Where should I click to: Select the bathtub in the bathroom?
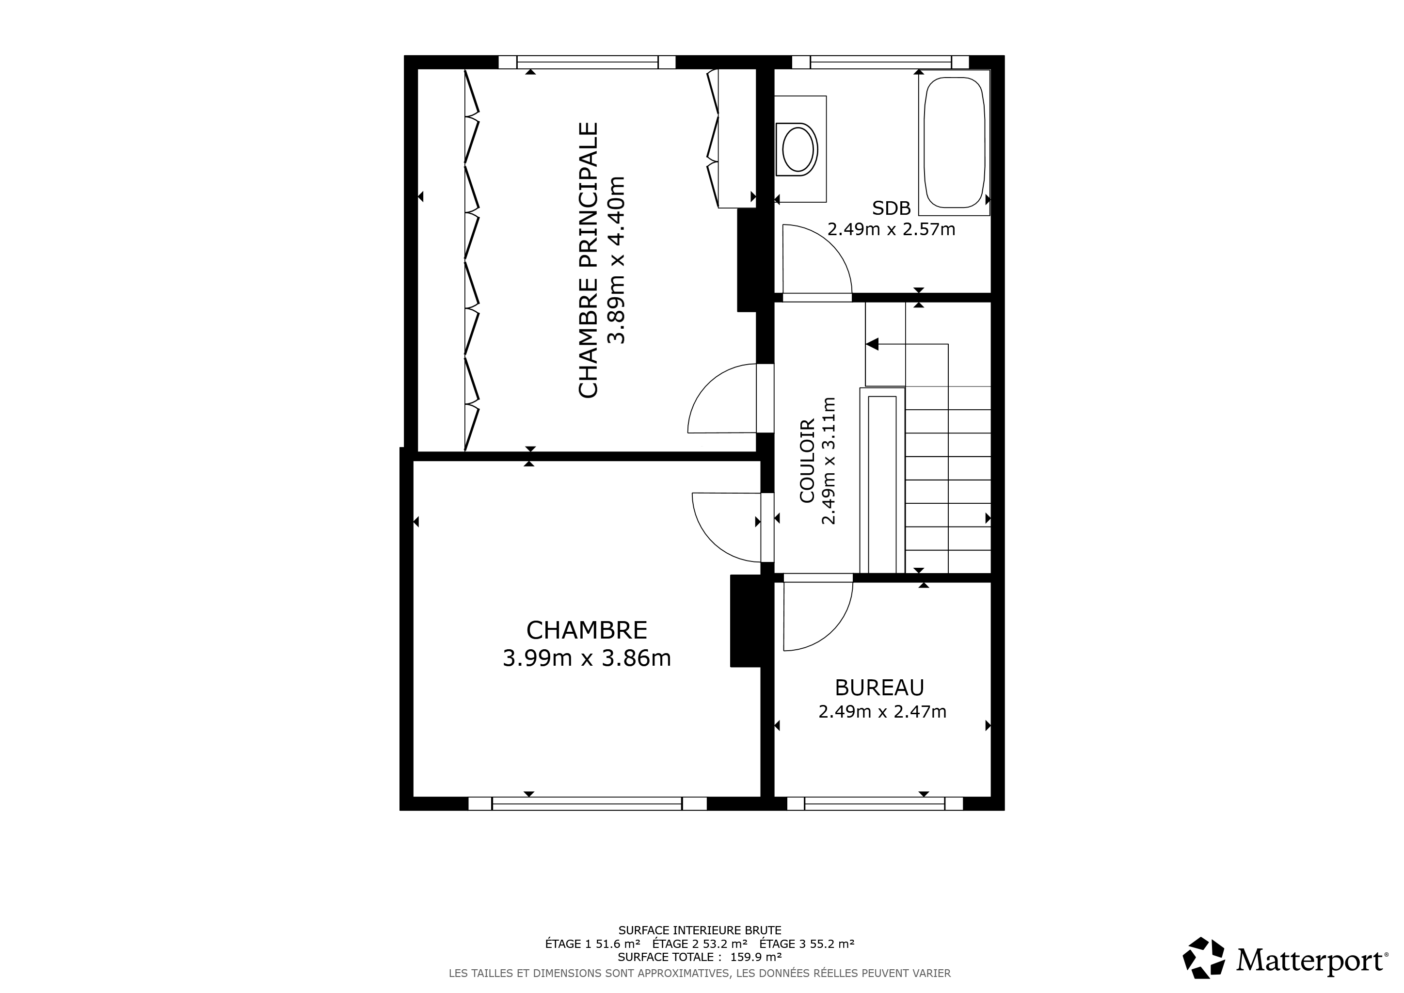tap(954, 143)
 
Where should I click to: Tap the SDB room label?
tap(892, 208)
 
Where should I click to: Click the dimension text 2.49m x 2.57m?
tap(892, 229)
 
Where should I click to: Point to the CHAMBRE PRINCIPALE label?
tap(588, 260)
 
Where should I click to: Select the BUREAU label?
tap(879, 688)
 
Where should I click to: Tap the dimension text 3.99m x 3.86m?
tap(587, 658)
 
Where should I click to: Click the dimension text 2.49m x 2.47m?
tap(882, 712)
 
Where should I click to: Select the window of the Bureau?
tap(875, 803)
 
